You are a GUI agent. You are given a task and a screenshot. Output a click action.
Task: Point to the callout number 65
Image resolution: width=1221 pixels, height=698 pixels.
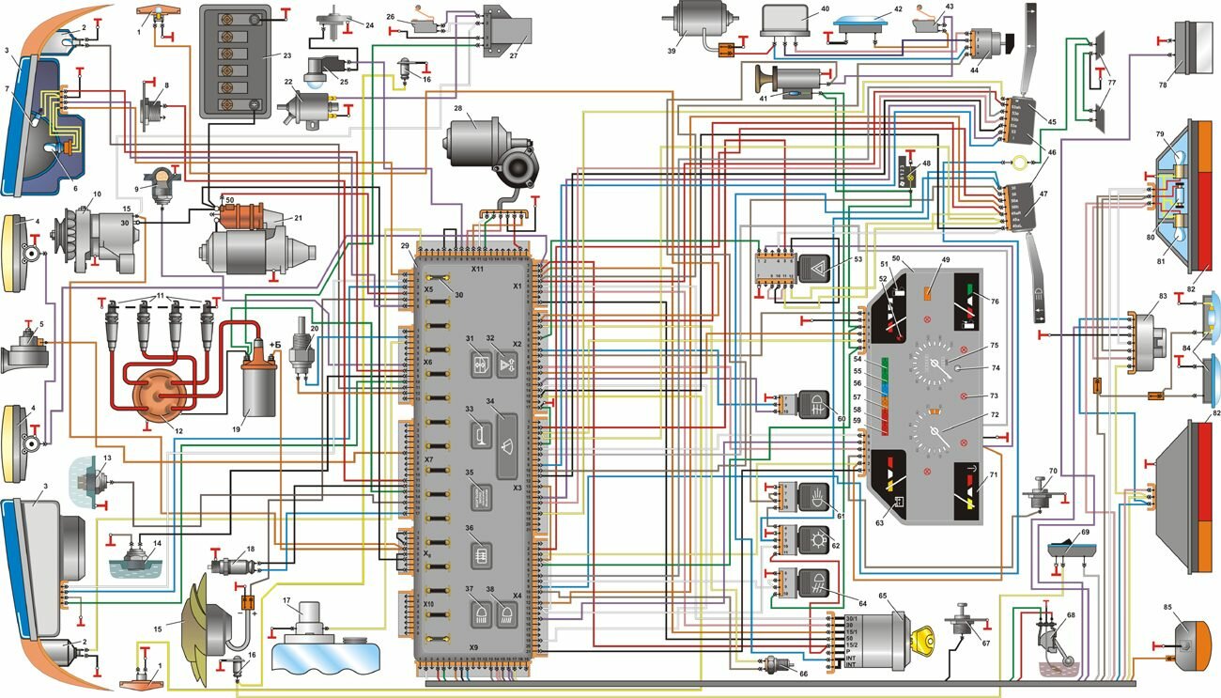pyautogui.click(x=883, y=596)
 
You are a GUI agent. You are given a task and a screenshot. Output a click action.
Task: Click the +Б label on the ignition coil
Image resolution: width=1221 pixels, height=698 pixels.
pyautogui.click(x=275, y=345)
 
